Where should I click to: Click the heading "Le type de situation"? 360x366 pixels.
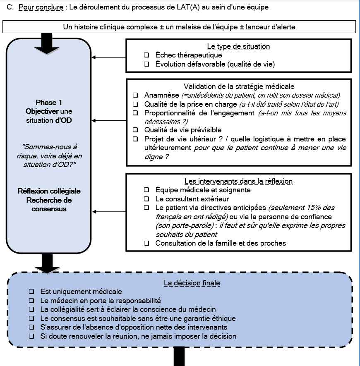[238, 46]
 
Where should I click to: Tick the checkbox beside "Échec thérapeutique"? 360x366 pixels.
[146, 55]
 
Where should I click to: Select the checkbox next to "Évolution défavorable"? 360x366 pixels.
[146, 64]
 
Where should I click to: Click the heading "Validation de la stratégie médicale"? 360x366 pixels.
[239, 86]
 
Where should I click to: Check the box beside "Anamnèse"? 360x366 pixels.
[135, 95]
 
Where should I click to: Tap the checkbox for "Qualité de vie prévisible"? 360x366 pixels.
[135, 130]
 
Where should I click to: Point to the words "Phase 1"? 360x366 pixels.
[49, 103]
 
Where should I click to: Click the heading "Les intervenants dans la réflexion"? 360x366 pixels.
[238, 181]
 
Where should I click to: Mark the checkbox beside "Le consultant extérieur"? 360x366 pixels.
[146, 199]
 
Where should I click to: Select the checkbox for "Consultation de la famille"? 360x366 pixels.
[146, 243]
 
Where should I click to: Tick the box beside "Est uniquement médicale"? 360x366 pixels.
[32, 292]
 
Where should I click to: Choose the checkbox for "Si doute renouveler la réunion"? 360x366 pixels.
[32, 336]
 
